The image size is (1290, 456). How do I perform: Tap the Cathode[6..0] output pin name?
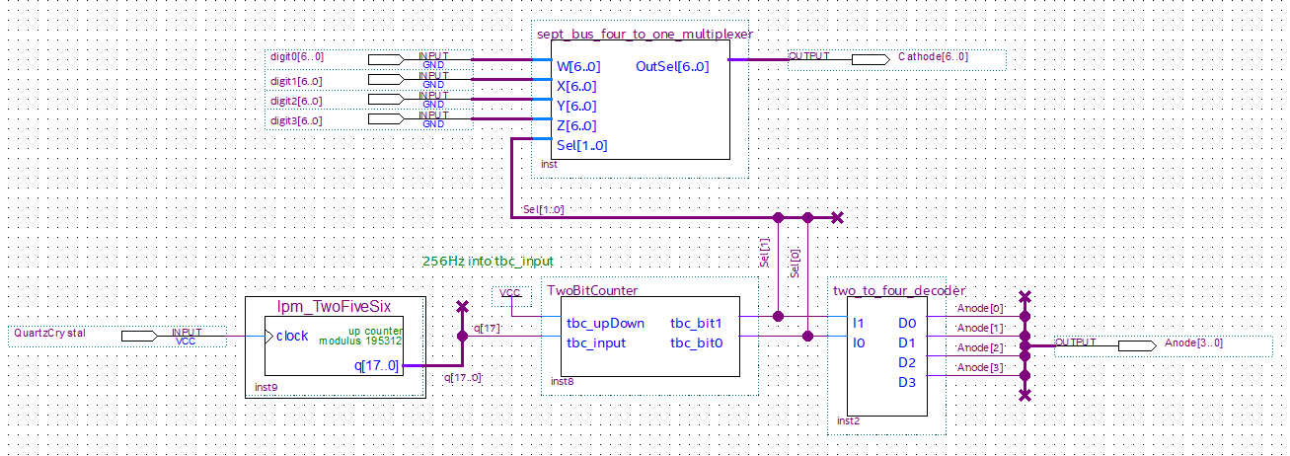(x=933, y=57)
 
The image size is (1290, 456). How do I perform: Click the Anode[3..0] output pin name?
(x=1193, y=343)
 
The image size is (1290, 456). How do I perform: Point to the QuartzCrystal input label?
(x=49, y=334)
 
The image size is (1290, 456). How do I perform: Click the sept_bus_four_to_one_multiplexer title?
(x=644, y=34)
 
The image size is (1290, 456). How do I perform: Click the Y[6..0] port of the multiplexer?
(x=575, y=107)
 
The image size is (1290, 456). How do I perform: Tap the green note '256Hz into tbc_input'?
(x=488, y=262)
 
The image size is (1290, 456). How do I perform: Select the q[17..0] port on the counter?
(x=376, y=366)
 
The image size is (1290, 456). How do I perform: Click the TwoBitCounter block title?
(x=592, y=291)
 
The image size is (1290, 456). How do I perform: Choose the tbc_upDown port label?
(x=605, y=324)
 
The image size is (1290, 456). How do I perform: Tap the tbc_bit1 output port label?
(x=697, y=324)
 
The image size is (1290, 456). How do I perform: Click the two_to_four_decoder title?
(x=898, y=291)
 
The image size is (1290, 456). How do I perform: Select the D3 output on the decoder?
(x=907, y=383)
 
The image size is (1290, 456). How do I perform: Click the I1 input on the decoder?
(x=859, y=324)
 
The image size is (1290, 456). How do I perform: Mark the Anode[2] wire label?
(x=980, y=347)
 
